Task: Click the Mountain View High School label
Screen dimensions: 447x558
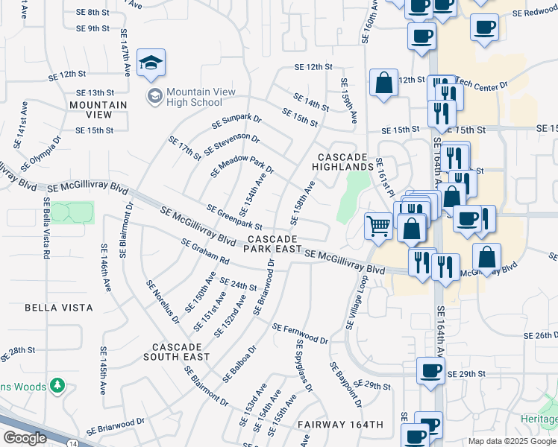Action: click(200, 97)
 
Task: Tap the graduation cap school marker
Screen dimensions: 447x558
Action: click(151, 64)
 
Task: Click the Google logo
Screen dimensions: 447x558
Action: click(24, 438)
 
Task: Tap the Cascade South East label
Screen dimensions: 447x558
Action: click(177, 352)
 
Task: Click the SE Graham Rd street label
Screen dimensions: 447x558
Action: click(205, 251)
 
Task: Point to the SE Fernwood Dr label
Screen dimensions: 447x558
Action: click(300, 333)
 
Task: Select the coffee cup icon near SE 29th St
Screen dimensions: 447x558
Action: click(430, 371)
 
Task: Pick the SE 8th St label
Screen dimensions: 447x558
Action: click(93, 13)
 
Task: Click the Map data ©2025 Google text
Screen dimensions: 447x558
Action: click(510, 441)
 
